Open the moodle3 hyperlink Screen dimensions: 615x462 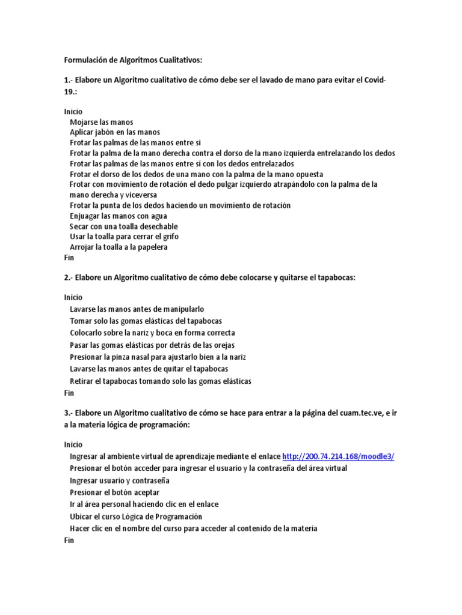pyautogui.click(x=338, y=456)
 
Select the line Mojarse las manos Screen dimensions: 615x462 pyautogui.click(x=101, y=122)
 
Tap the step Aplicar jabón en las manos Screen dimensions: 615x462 pyautogui.click(x=115, y=132)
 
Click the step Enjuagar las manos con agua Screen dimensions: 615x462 pyautogui.click(x=119, y=216)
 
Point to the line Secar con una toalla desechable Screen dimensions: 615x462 pyautogui.click(x=123, y=226)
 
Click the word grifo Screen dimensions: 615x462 pyautogui.click(x=168, y=237)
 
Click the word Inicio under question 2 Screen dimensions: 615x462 pyautogui.click(x=73, y=297)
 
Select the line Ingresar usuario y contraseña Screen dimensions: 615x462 pyautogui.click(x=120, y=480)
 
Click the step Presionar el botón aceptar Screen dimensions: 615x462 pyautogui.click(x=114, y=492)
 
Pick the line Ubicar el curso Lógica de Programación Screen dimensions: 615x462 pyautogui.click(x=136, y=517)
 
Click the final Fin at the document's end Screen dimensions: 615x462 pyautogui.click(x=69, y=540)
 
